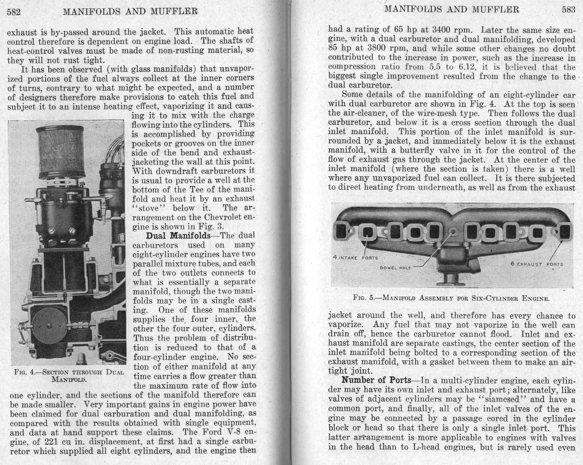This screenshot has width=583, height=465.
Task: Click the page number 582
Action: point(14,12)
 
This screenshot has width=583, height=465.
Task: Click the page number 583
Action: point(568,9)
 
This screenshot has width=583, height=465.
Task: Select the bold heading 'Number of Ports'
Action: point(376,380)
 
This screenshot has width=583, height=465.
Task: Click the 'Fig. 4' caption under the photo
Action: point(69,376)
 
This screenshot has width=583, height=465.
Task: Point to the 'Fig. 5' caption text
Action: point(452,298)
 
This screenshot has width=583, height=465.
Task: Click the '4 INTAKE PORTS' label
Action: point(355,258)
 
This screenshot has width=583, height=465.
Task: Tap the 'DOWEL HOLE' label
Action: point(395,268)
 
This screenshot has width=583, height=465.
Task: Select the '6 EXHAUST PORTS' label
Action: point(537,264)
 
